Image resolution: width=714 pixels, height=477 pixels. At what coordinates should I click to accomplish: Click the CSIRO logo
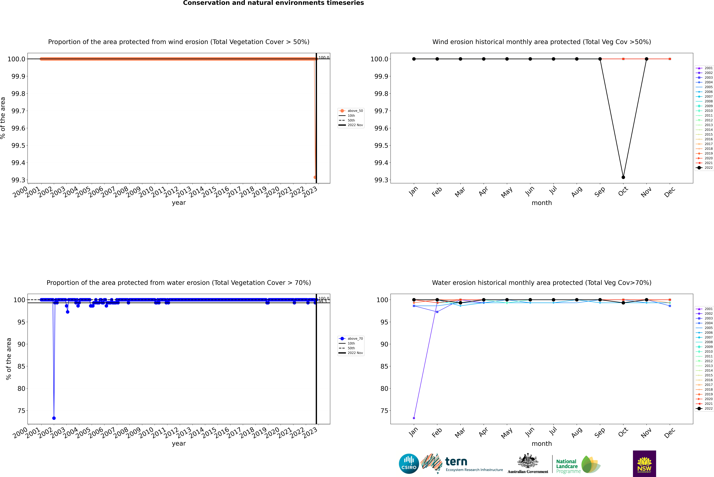click(x=409, y=464)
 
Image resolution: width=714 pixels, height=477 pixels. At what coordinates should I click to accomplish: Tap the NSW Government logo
click(x=644, y=464)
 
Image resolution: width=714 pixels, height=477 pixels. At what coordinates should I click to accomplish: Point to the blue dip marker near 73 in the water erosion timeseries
click(x=54, y=418)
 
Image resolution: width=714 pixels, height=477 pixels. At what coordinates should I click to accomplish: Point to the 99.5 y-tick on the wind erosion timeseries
click(x=18, y=145)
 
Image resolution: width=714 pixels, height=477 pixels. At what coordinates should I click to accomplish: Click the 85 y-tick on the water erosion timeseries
click(x=21, y=366)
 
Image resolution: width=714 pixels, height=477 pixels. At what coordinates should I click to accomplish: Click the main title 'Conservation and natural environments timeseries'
click(x=273, y=3)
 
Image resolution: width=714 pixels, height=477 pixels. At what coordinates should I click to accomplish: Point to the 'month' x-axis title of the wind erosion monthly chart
click(x=541, y=203)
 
